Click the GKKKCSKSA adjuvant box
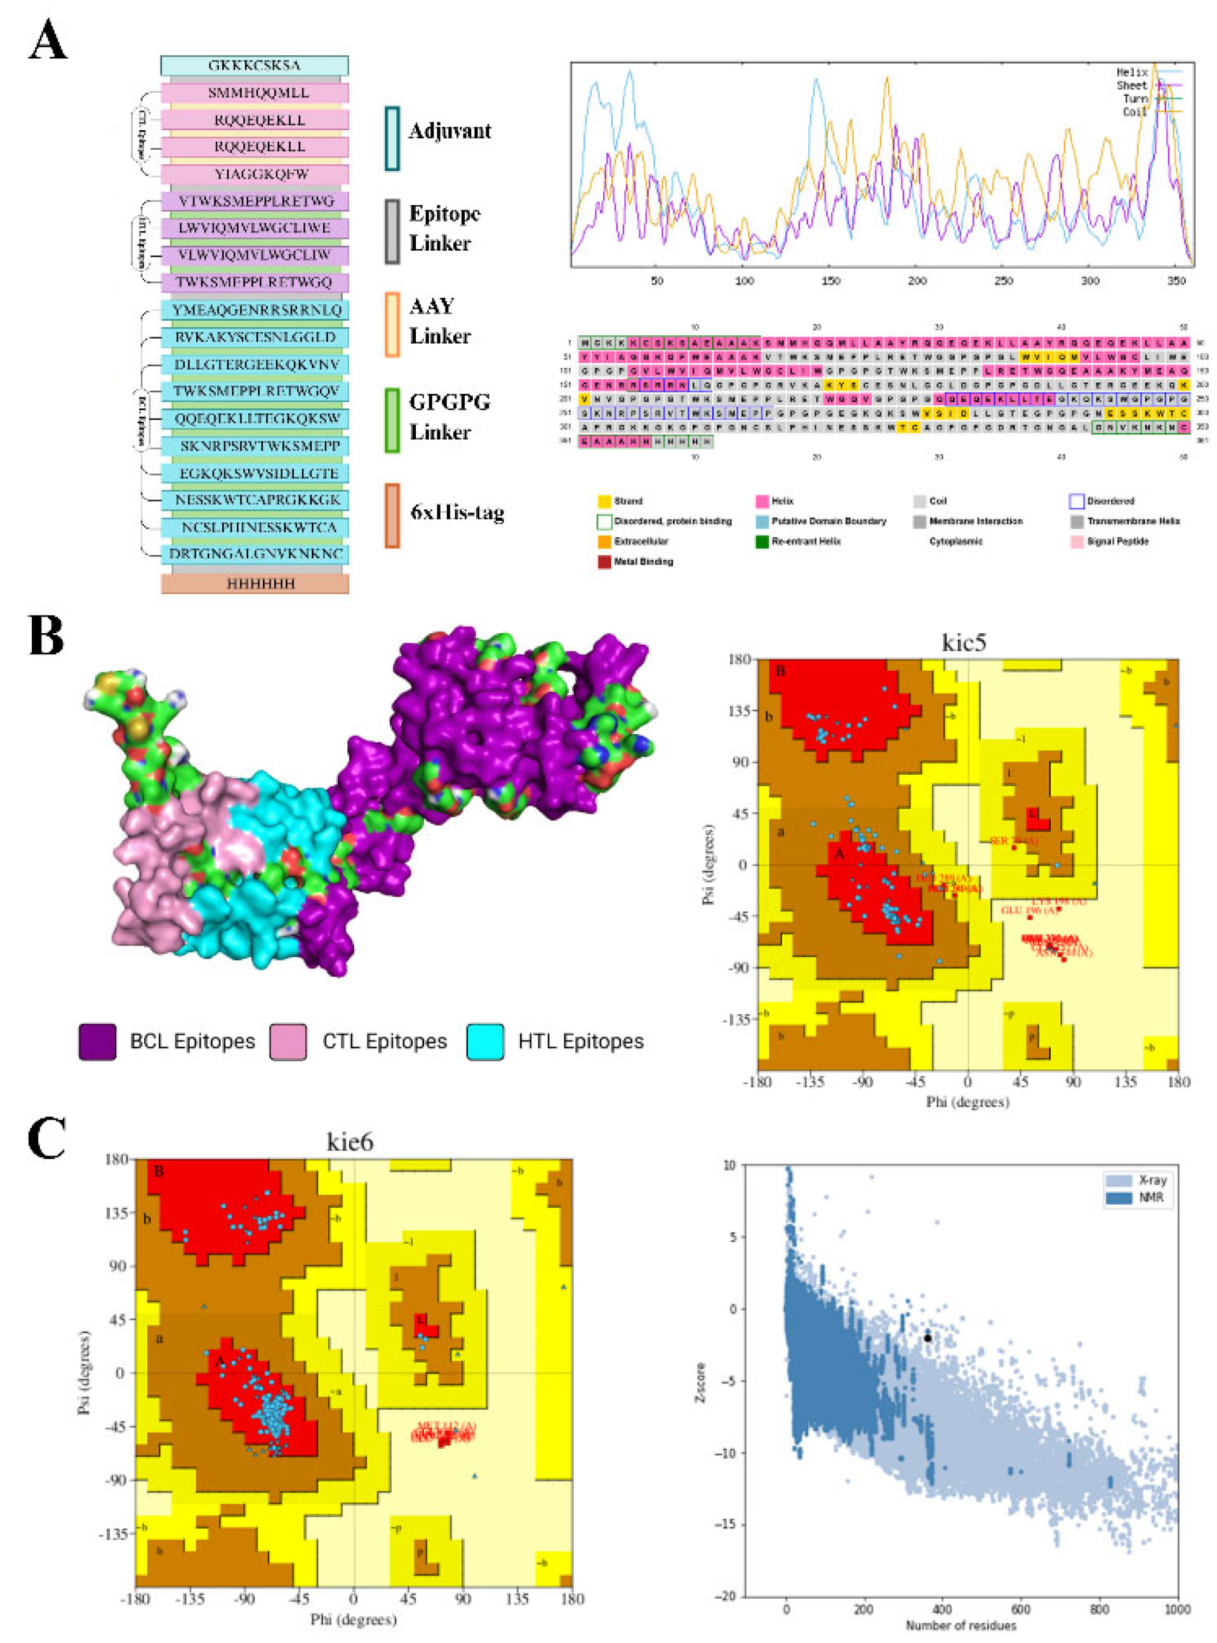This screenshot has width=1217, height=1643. coord(254,65)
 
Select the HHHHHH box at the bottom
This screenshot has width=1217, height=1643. coord(254,584)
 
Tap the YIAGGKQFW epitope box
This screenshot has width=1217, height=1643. coord(254,174)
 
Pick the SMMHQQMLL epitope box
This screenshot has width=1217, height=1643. coord(254,93)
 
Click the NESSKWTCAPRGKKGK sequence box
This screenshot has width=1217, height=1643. coord(254,500)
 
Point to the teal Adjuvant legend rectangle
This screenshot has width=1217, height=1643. coord(392,138)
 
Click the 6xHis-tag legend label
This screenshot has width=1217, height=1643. coord(456,513)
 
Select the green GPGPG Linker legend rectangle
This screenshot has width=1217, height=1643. coord(392,420)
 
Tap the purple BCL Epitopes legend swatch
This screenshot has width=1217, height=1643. coord(97,1042)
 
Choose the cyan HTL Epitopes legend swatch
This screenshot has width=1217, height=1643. coord(486,1042)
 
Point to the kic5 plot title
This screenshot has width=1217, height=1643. coord(964,643)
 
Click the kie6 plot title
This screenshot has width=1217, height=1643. coord(350,1141)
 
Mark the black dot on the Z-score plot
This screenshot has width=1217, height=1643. coord(928,1338)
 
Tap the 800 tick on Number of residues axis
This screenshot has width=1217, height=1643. coord(1099,1609)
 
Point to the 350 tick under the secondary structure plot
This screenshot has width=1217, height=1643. coord(1176,281)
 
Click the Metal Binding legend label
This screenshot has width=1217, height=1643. coord(643,561)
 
